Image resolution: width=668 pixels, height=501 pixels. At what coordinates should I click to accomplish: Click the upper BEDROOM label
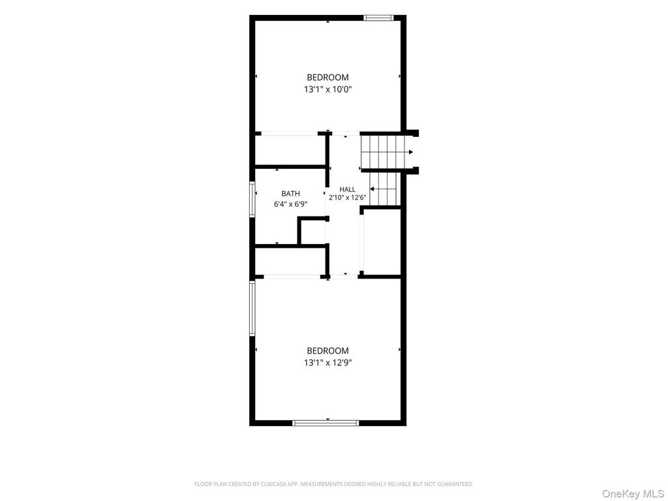pos(327,77)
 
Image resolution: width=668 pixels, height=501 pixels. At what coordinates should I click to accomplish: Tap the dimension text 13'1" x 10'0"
pos(327,89)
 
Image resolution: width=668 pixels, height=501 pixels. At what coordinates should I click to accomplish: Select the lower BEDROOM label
pos(327,350)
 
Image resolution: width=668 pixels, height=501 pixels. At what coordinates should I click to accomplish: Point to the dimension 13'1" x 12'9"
pos(327,363)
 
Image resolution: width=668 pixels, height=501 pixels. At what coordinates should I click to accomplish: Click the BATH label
pos(290,194)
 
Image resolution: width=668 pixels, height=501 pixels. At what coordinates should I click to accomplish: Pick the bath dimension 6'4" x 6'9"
pos(290,204)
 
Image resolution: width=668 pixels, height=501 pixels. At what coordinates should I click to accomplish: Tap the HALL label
pos(347,190)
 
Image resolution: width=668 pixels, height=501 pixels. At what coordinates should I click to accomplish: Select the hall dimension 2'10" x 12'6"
pos(347,198)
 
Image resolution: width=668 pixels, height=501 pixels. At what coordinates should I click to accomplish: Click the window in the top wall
pos(378,18)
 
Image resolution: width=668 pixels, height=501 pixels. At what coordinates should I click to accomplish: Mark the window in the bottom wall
pos(326,423)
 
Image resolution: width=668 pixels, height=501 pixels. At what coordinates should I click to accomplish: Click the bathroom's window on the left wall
pos(252,200)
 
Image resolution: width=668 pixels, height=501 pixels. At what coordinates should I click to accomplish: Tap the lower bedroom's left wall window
pos(252,309)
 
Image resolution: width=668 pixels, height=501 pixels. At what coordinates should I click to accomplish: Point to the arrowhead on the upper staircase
pos(411,152)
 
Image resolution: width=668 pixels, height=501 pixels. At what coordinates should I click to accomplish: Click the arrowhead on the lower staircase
pos(372,189)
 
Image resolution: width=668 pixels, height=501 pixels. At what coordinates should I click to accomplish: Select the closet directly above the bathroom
pos(290,150)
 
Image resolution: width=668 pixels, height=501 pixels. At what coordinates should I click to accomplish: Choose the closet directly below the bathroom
pos(290,261)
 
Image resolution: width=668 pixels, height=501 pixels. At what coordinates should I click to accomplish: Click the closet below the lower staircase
pos(382,242)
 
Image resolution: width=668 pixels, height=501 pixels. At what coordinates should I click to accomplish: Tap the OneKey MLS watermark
pos(633,494)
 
